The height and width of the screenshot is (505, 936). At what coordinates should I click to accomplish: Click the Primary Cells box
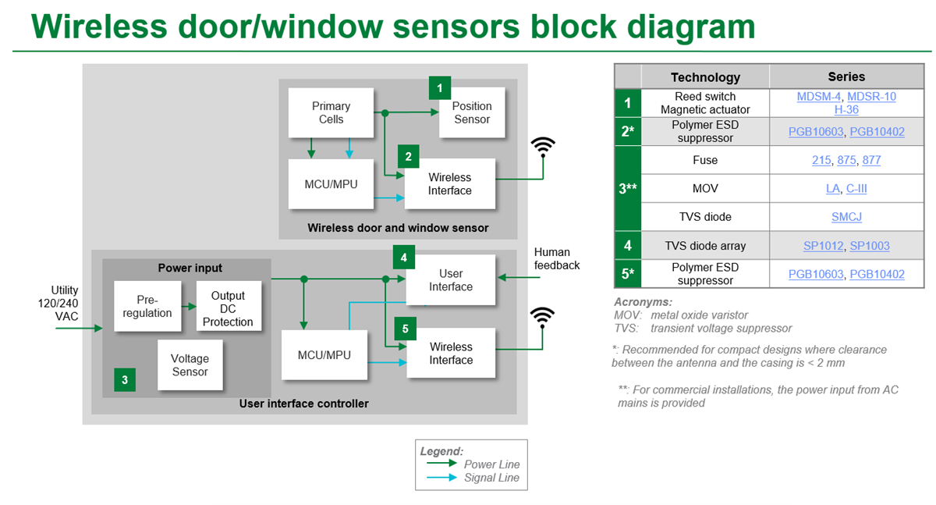(331, 112)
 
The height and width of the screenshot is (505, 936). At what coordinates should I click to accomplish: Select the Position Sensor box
(471, 112)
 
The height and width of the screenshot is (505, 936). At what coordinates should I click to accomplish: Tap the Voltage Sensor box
(190, 365)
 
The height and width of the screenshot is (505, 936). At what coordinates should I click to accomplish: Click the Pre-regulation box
(147, 306)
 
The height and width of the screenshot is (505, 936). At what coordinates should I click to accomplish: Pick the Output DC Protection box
(227, 308)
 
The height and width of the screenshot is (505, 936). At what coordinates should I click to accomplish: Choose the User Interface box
(450, 279)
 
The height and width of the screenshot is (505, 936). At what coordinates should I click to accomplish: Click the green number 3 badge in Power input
(125, 380)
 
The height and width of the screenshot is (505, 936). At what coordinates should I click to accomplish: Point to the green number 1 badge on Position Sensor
(440, 87)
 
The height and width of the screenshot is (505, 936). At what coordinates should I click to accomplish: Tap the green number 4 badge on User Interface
(403, 257)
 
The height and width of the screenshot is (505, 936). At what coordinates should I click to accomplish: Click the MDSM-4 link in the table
(817, 97)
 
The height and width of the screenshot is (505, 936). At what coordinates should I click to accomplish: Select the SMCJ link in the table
(846, 217)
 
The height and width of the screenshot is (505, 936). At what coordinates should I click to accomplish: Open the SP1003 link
(869, 246)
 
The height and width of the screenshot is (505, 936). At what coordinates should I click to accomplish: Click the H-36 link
(846, 110)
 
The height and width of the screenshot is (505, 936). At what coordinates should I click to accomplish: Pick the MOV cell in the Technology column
(704, 188)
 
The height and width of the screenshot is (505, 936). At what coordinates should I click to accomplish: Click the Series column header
(846, 76)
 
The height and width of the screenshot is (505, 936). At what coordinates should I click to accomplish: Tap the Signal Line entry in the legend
(491, 478)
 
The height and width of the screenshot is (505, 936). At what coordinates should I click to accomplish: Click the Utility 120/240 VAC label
(65, 302)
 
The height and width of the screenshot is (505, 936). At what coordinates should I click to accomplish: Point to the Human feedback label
(556, 258)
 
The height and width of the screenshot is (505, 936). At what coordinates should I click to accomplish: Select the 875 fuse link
(846, 160)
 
